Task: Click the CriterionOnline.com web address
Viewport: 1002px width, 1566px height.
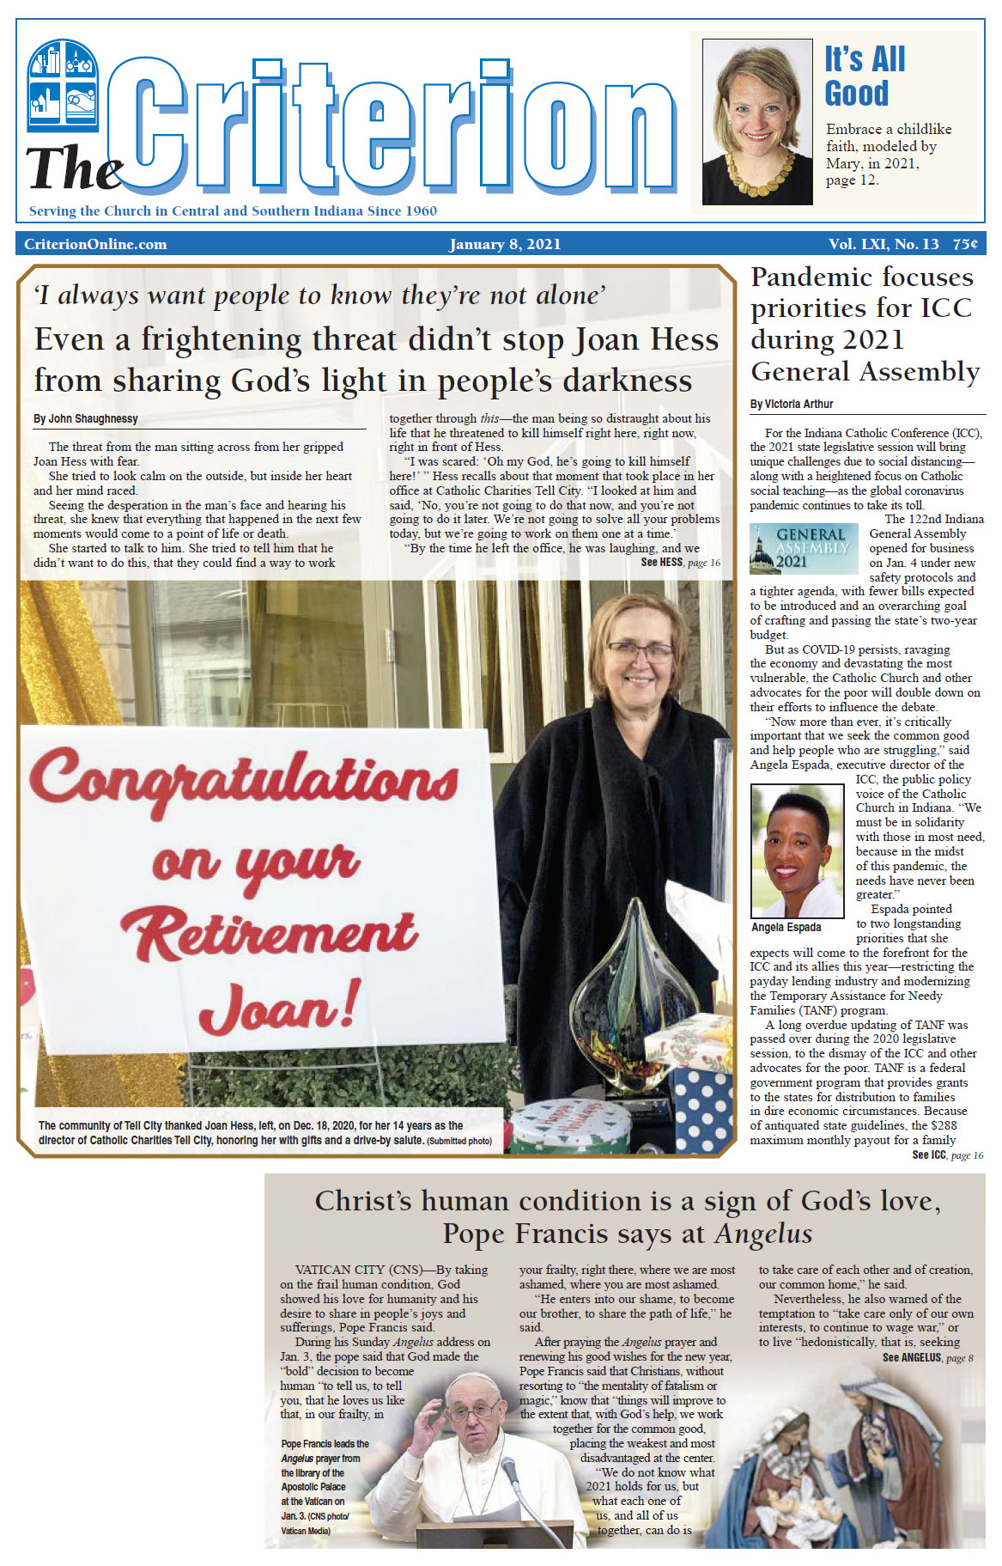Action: (95, 244)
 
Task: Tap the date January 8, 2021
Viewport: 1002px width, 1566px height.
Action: (505, 244)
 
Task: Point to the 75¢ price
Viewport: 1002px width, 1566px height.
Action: (965, 244)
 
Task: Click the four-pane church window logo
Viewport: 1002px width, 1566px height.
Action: (63, 85)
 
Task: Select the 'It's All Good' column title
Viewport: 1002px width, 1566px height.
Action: (865, 76)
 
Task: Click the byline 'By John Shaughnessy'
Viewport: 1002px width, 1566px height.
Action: (86, 419)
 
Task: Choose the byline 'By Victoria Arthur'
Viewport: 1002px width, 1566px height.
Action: (792, 404)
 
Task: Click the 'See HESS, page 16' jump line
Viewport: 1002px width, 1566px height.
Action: (680, 563)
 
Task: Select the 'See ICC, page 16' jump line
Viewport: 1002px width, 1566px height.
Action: (947, 1155)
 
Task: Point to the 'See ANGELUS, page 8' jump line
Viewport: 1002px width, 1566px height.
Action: (927, 1358)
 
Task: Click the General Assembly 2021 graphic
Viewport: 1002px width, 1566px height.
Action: (803, 548)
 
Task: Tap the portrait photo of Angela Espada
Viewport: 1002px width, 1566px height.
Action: (796, 850)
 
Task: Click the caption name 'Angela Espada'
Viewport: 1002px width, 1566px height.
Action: (786, 928)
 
